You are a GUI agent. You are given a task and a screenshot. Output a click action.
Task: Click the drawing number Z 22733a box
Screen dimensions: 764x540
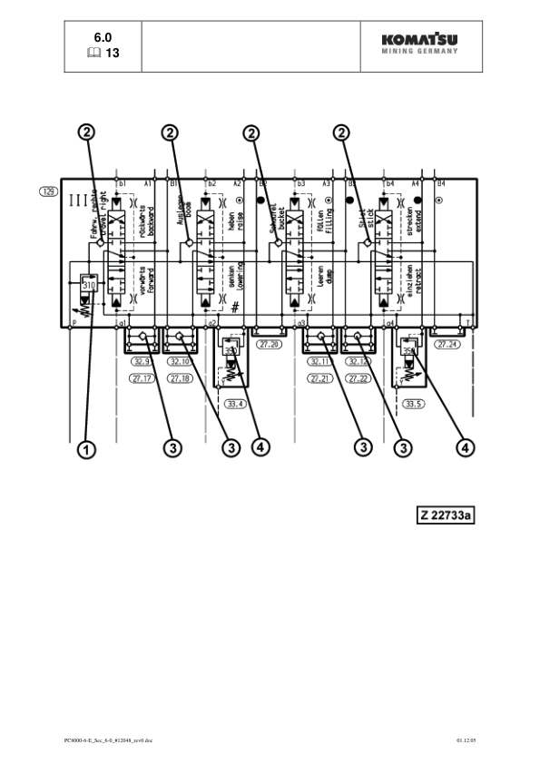pyautogui.click(x=447, y=515)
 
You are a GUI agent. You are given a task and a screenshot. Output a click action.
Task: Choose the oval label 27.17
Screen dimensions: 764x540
pyautogui.click(x=141, y=378)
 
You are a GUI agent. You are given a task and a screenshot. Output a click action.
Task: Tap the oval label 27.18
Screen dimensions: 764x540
pyautogui.click(x=179, y=378)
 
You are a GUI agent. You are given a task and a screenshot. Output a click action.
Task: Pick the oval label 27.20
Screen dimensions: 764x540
pyautogui.click(x=270, y=345)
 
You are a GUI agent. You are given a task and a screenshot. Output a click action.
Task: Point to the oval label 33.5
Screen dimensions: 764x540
pyautogui.click(x=414, y=403)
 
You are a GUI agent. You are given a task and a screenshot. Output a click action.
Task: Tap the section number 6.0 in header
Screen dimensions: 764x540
pyautogui.click(x=103, y=37)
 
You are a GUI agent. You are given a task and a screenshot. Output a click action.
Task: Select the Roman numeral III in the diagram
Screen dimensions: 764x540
pyautogui.click(x=78, y=199)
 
